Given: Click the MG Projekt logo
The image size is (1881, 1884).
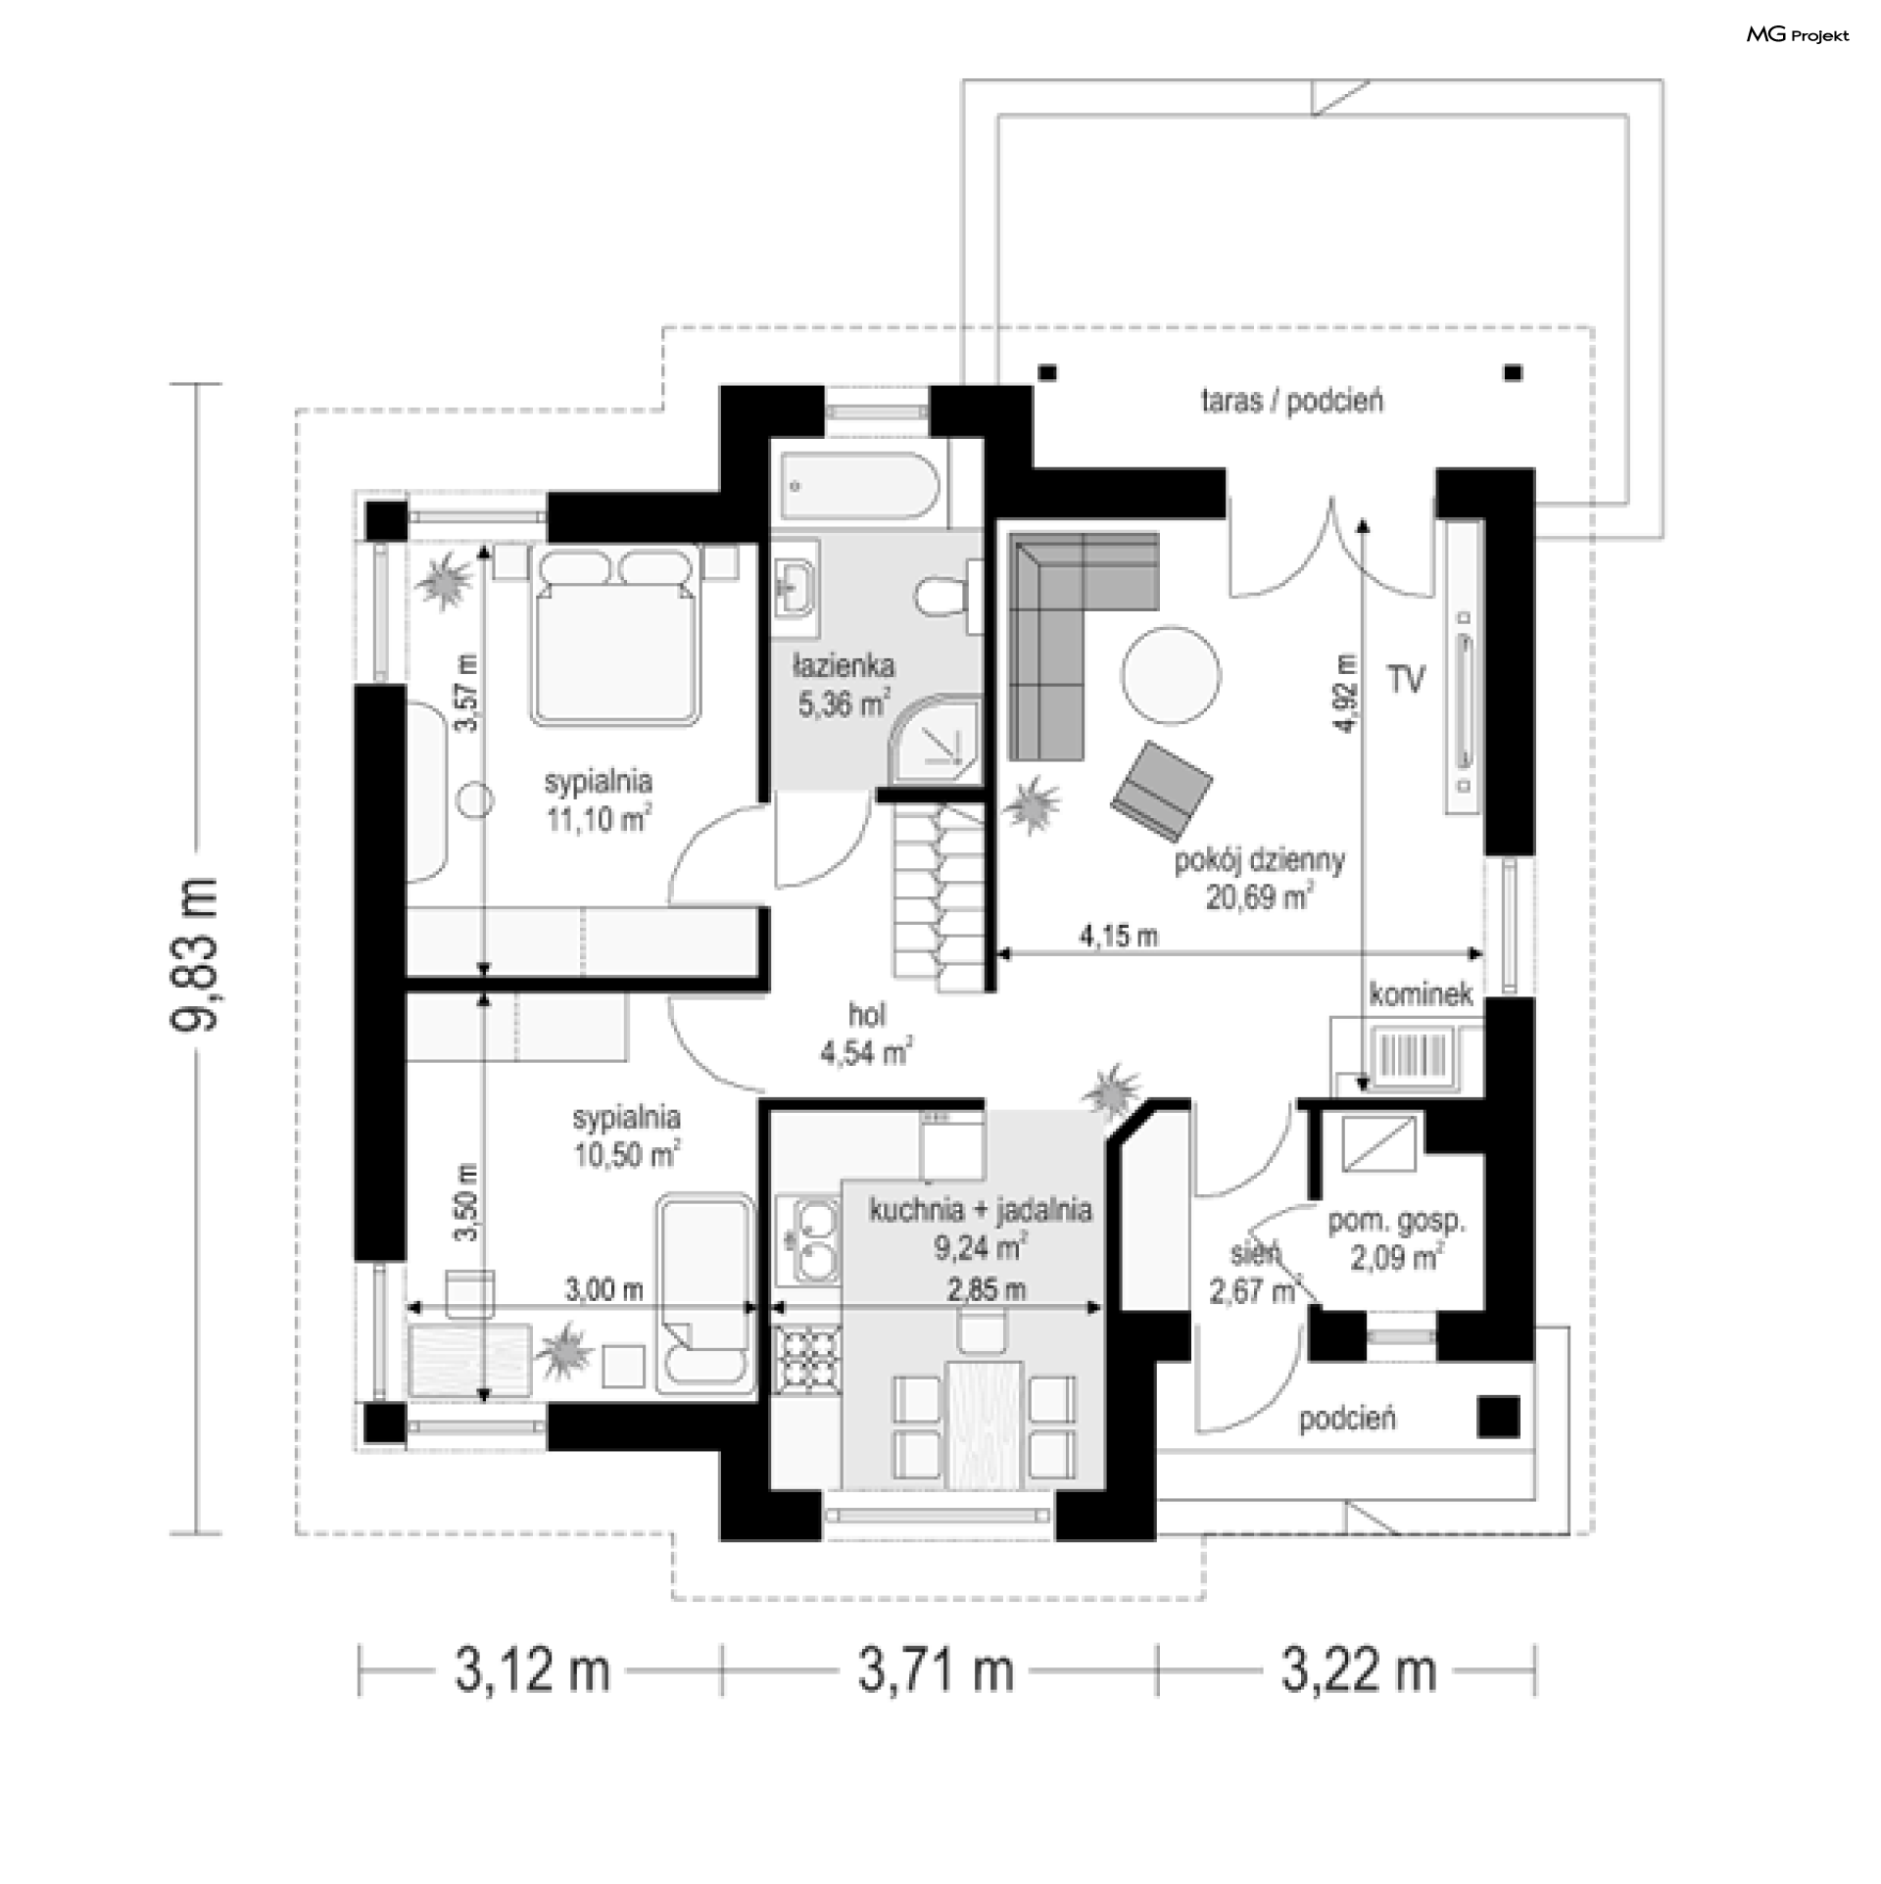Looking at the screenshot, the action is click(1798, 35).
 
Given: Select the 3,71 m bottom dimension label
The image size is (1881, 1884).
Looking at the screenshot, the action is click(937, 1670).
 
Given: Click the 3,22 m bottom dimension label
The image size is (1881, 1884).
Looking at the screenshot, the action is click(1359, 1670).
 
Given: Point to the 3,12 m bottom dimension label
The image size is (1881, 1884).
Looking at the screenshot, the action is click(532, 1670).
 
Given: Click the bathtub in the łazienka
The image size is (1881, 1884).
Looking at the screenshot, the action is click(860, 484).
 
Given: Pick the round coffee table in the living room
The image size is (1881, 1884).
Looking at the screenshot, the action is click(1171, 676).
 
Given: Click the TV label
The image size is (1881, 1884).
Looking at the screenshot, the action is click(1406, 679).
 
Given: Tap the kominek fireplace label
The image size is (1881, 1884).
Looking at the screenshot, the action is click(1421, 995).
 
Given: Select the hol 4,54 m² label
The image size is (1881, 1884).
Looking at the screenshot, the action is click(866, 1034).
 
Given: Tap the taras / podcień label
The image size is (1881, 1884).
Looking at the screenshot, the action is click(1292, 401).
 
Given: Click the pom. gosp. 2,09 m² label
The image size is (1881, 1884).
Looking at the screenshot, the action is click(1396, 1239).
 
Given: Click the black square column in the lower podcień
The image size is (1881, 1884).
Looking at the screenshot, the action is click(1499, 1417).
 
